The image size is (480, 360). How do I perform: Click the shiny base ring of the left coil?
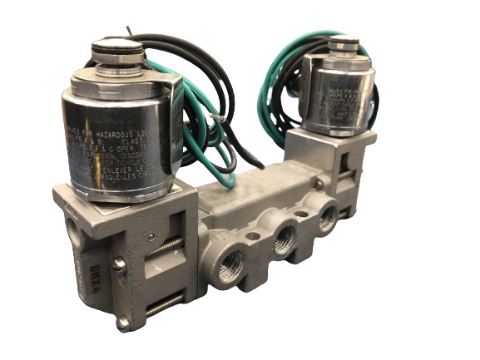[125, 188]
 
